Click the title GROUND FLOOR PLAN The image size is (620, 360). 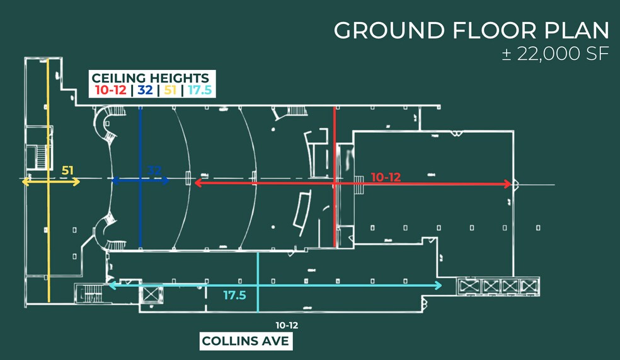point(471,30)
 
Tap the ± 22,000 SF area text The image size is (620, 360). point(555,54)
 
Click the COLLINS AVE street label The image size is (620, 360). point(246,341)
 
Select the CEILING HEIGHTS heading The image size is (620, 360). point(150,78)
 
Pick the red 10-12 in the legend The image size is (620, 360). point(111,90)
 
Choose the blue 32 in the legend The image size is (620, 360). point(145,90)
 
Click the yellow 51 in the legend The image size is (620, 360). point(170,90)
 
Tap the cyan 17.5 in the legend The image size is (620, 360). point(200,90)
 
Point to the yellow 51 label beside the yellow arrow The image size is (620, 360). point(67,170)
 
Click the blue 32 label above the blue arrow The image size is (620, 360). point(154,170)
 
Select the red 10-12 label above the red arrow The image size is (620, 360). point(386,177)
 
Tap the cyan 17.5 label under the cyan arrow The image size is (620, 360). point(234,296)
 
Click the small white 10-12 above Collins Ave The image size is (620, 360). point(287,325)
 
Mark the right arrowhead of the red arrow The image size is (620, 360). point(507,183)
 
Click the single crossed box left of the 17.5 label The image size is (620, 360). point(150,294)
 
